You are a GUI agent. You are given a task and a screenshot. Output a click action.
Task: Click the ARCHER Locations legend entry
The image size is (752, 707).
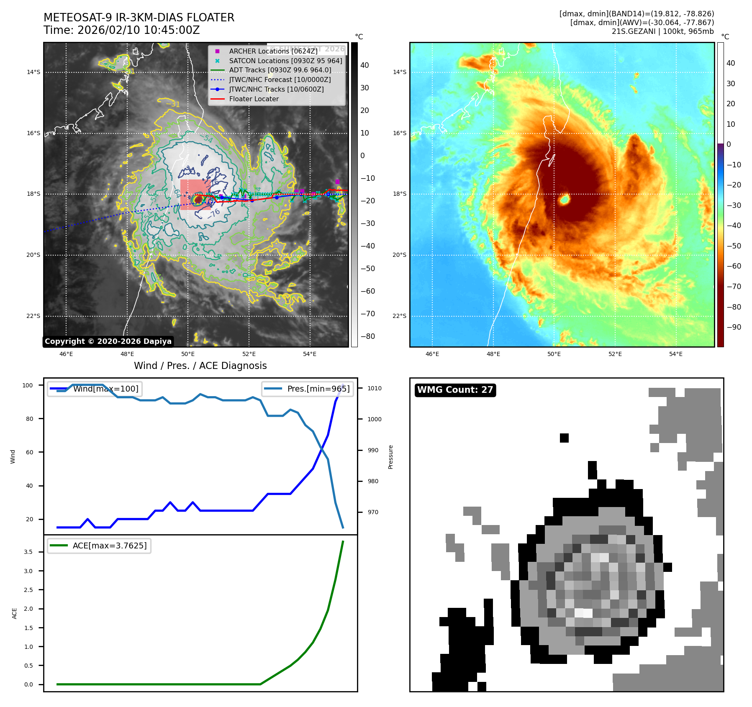pyautogui.click(x=273, y=51)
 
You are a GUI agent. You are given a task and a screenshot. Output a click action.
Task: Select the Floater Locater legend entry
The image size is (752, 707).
pyautogui.click(x=254, y=99)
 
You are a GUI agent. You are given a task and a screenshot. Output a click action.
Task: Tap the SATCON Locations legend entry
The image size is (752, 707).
pyautogui.click(x=285, y=61)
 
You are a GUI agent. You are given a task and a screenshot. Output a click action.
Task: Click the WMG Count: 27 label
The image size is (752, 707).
pyautogui.click(x=455, y=390)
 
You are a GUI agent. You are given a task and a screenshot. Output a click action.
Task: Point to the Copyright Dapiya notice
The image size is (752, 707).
pyautogui.click(x=108, y=341)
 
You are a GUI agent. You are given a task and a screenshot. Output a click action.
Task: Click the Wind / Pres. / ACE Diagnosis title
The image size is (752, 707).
pyautogui.click(x=200, y=366)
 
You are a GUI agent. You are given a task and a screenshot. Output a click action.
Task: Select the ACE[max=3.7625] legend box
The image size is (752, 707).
pyautogui.click(x=99, y=546)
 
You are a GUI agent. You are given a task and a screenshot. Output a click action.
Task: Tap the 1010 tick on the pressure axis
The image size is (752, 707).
pyautogui.click(x=374, y=388)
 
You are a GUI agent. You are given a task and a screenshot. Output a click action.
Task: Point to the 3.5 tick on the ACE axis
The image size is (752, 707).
pyautogui.click(x=28, y=552)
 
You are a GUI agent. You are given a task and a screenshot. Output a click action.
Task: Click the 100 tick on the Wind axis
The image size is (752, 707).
pyautogui.click(x=27, y=385)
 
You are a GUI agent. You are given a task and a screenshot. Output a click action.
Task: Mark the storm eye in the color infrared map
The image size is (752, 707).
pyautogui.click(x=564, y=200)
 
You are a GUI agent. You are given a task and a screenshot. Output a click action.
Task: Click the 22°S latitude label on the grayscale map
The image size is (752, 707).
pyautogui.click(x=33, y=316)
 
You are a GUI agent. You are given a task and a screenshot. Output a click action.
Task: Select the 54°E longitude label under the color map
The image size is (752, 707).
pyautogui.click(x=675, y=354)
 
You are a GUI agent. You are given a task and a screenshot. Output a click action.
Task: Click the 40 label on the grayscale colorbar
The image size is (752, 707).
pyautogui.click(x=364, y=65)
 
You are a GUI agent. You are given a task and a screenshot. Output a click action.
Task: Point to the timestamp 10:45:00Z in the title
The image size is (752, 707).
pyautogui.click(x=172, y=31)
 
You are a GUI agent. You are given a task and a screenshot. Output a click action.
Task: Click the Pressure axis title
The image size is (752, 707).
pyautogui.click(x=390, y=457)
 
